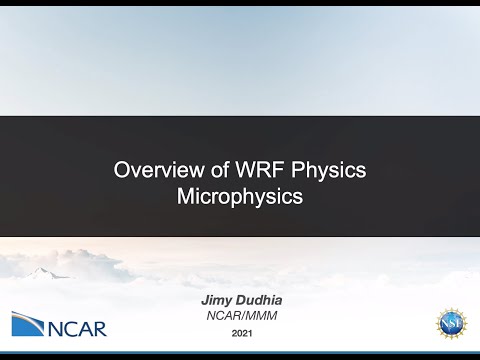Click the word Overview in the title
(x=151, y=169)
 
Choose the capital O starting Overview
(x=122, y=169)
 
